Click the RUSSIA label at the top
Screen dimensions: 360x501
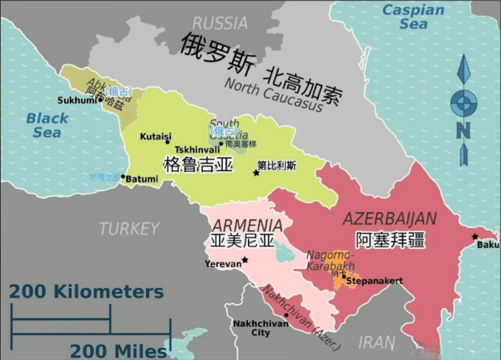point(221,23)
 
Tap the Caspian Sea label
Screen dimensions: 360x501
point(413,17)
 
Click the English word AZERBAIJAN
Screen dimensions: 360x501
point(390,219)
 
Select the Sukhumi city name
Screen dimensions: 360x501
point(77,101)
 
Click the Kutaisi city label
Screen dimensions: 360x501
point(156,136)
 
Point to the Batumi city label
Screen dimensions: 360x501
point(143,178)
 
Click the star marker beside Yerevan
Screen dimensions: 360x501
point(245,259)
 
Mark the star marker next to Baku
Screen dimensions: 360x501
point(475,236)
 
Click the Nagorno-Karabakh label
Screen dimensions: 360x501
point(330,260)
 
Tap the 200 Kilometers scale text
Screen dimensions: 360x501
point(87,292)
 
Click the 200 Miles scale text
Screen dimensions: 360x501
point(118,350)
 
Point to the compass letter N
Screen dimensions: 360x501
point(463,130)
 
